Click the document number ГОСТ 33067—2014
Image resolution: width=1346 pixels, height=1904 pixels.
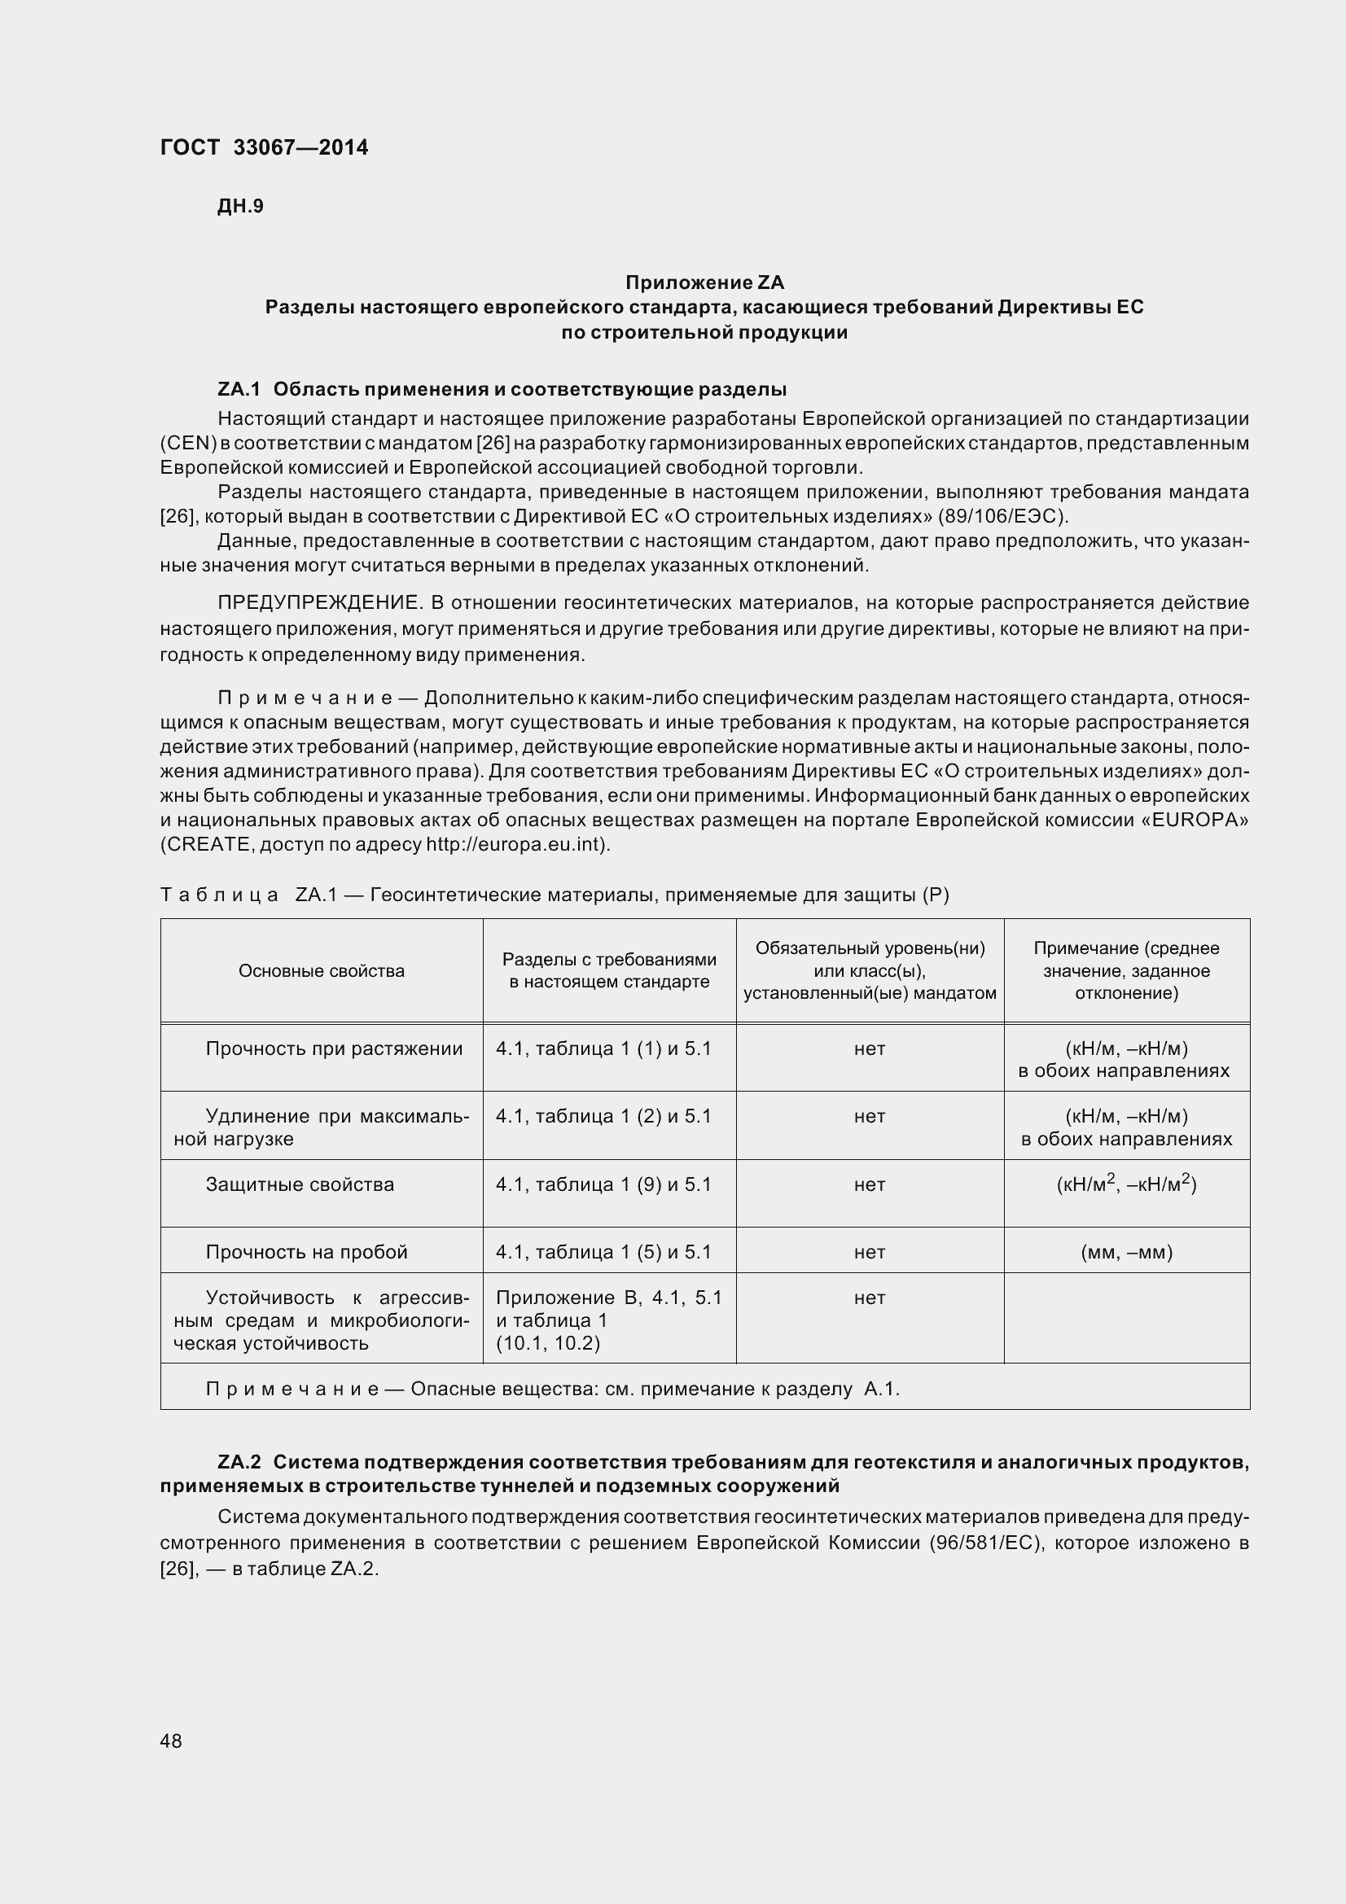(x=264, y=147)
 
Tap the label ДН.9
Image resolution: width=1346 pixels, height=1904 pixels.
(x=240, y=207)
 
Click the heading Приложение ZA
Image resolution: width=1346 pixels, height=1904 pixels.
(x=704, y=282)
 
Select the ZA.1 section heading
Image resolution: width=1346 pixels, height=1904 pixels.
(x=502, y=389)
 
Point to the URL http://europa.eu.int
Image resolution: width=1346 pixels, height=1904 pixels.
(x=517, y=845)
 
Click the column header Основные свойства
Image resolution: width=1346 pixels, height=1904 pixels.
(x=322, y=971)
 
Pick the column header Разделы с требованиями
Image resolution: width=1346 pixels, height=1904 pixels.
(x=609, y=960)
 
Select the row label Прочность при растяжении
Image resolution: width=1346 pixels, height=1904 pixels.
(x=334, y=1049)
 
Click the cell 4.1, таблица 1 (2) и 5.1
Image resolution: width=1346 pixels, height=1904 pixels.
(x=603, y=1116)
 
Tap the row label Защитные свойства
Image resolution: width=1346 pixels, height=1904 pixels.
(x=300, y=1184)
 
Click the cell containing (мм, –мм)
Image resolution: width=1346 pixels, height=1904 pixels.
(x=1126, y=1252)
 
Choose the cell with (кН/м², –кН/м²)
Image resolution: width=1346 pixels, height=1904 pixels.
(x=1126, y=1184)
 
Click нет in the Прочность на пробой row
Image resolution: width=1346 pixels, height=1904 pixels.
(x=869, y=1252)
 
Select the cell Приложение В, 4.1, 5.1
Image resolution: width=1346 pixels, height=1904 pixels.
(x=609, y=1298)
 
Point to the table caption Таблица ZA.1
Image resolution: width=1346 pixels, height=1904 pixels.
(x=554, y=895)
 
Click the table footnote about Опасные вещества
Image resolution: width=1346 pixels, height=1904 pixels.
(x=552, y=1389)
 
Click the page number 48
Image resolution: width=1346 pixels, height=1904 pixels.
(x=171, y=1741)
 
